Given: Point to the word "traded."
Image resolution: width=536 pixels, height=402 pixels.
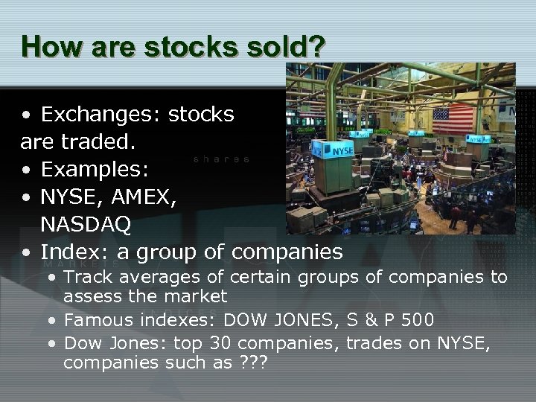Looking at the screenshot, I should coord(100,141).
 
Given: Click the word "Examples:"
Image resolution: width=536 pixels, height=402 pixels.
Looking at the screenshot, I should coord(95,169).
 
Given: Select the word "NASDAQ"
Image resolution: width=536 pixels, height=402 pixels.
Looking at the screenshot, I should coord(86,223).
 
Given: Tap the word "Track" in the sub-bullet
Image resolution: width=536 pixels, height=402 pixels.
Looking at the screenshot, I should coord(86,278).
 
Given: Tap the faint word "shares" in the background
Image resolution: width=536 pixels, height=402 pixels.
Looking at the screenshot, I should coord(221,159).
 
